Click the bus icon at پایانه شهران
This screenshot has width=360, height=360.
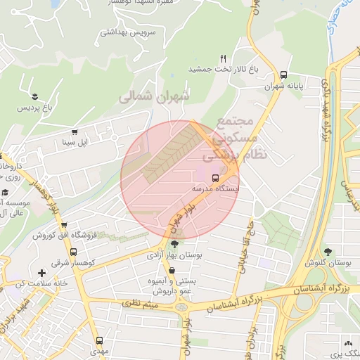coord(283,75)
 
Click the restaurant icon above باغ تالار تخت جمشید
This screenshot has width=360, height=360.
coord(224,58)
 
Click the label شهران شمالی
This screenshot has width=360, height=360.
coord(154,96)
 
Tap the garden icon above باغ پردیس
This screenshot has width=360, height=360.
coord(35,96)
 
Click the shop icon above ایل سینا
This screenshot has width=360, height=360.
coord(74,131)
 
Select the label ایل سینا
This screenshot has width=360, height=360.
coord(74,143)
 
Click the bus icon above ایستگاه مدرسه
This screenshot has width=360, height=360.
coord(215,178)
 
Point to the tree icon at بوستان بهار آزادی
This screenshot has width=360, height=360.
coord(174,244)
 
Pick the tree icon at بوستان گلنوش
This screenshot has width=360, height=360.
coord(328,251)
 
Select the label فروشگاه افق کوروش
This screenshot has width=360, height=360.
coord(59,235)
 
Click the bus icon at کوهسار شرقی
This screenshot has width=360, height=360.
coord(74,252)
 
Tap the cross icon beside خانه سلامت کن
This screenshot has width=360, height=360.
coord(41,273)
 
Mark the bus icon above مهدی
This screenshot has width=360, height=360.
coord(98,340)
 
